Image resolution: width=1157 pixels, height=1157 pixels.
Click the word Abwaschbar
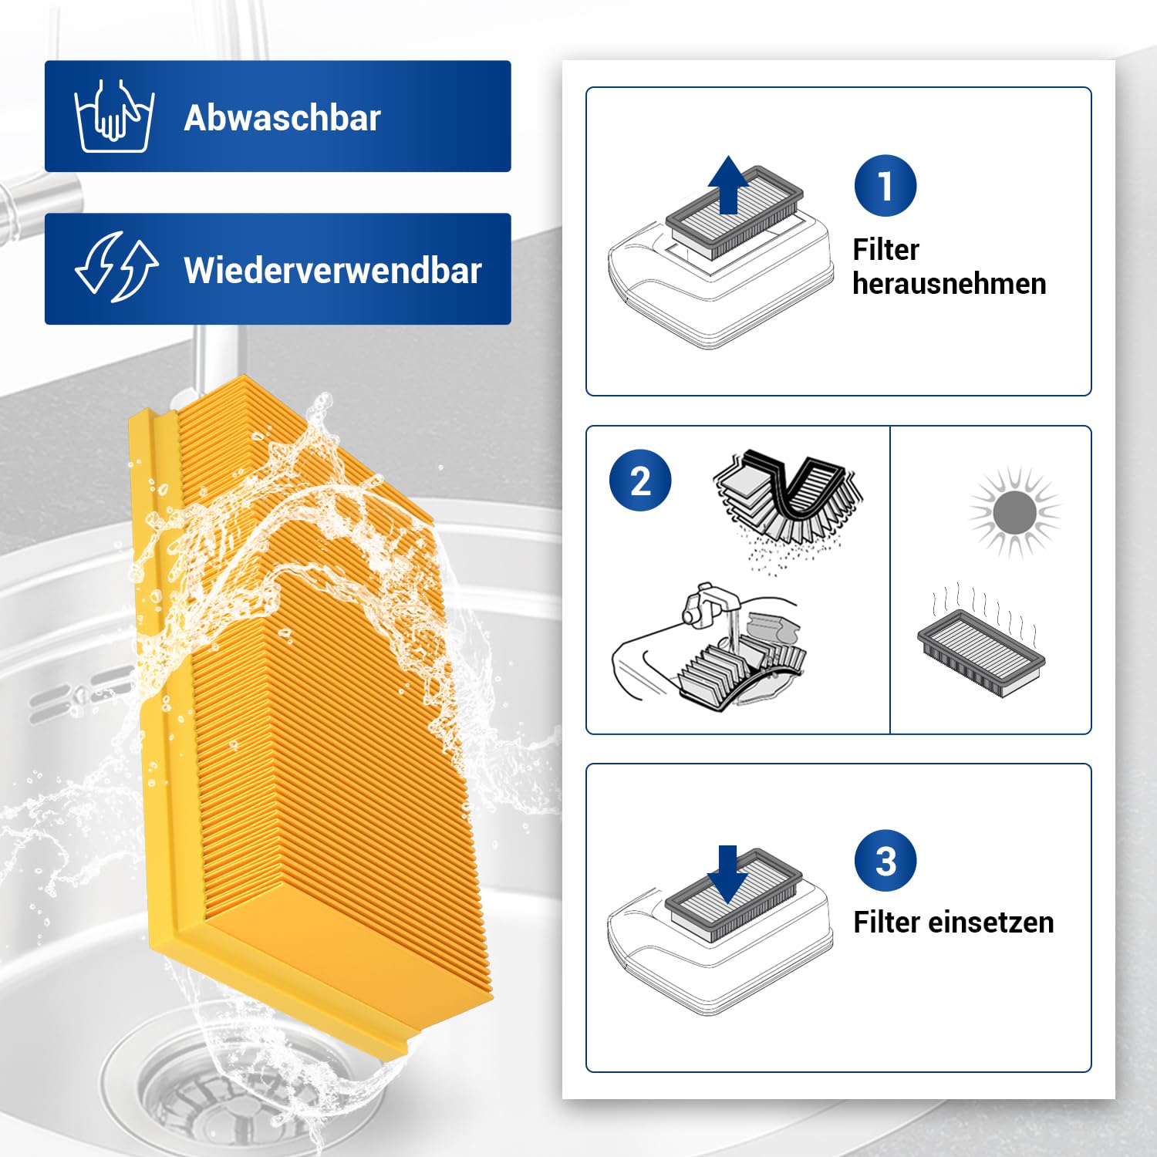tap(282, 118)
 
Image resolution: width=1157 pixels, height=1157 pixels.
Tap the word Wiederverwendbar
tap(332, 271)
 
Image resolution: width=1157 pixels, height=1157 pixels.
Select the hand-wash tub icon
tap(114, 116)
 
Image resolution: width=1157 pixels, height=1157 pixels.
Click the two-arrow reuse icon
tap(116, 267)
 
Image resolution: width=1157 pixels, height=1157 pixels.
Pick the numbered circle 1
tap(885, 186)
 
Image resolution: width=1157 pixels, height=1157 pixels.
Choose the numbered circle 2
tap(640, 481)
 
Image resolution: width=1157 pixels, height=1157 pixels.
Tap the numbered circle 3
tap(885, 861)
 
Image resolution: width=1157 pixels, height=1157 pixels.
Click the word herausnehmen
tap(950, 284)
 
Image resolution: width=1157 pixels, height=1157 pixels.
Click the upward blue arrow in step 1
tap(729, 184)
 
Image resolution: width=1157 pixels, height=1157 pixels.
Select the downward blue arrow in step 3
tap(728, 875)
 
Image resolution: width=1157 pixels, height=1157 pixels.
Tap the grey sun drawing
tap(1015, 512)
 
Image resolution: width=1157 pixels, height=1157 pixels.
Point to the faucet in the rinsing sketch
tap(706, 604)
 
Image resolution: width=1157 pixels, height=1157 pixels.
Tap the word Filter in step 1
tap(886, 250)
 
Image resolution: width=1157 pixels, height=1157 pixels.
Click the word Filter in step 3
tap(886, 923)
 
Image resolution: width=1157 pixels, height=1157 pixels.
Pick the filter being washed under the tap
tap(742, 667)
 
